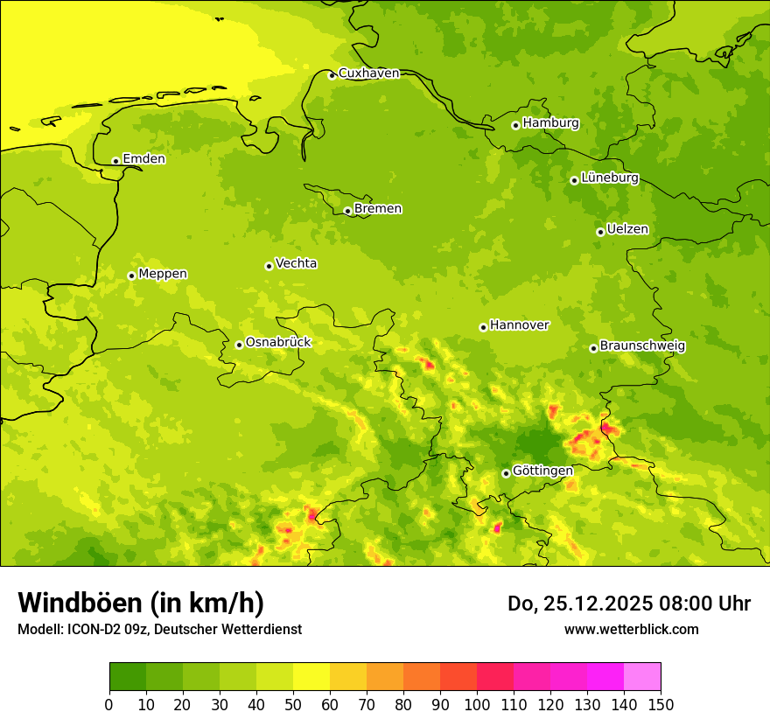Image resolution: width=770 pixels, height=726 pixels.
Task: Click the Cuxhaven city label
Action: [x=368, y=73]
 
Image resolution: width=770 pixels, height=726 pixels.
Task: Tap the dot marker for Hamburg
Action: [x=515, y=125]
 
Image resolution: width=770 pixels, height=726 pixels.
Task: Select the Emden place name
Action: [x=143, y=159]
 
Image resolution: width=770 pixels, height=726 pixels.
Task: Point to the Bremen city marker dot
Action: [x=347, y=211]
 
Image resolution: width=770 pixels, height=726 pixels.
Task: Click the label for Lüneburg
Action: [x=610, y=178]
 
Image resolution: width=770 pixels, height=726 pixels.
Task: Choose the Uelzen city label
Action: [x=627, y=230]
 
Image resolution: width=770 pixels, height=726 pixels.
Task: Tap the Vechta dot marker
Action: [x=269, y=266]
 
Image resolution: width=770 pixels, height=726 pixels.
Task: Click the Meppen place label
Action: [x=163, y=274]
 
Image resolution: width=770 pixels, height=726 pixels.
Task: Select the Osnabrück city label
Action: [x=278, y=343]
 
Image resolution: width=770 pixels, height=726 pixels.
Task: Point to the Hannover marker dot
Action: [x=483, y=327]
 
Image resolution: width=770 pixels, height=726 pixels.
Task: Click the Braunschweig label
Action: [x=642, y=346]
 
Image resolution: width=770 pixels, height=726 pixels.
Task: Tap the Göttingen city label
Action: [x=542, y=471]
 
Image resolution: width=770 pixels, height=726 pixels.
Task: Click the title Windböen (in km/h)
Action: [x=141, y=603]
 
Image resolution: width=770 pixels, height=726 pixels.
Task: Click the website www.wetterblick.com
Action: [x=631, y=629]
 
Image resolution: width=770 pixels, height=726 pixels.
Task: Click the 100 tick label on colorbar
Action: [x=477, y=705]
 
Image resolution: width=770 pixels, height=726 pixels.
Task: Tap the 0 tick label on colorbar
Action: [x=109, y=705]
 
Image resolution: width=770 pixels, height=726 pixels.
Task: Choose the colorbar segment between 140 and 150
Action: [x=642, y=677]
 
